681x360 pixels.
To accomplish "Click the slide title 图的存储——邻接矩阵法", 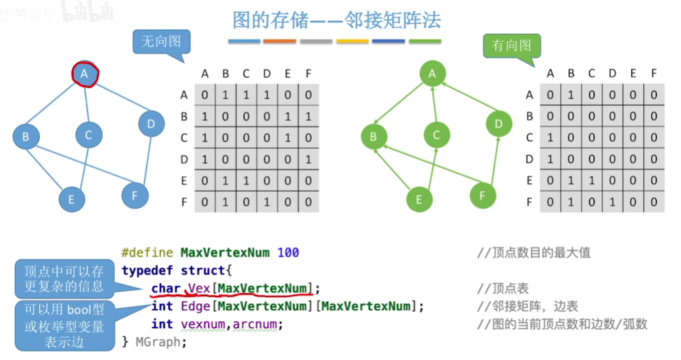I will pos(336,20).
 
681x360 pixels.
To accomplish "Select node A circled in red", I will pos(84,74).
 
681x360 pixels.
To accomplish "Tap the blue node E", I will pos(72,199).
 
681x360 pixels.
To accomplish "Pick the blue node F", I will pos(135,195).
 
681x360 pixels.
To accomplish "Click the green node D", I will pos(499,124).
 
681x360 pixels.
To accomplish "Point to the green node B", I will pos(373,137).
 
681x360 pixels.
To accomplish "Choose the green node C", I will pos(436,135).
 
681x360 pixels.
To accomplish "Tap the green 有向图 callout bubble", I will pos(511,45).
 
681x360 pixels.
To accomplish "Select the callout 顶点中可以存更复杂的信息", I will pos(64,278).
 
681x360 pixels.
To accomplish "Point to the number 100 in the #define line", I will pos(288,253).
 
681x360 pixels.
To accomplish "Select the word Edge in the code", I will pos(195,306).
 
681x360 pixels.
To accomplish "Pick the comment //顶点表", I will pos(503,288).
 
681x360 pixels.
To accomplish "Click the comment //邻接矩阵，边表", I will pos(528,306).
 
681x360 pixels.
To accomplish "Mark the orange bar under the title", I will pos(279,41).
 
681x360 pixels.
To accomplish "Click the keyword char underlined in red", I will pos(165,288).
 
